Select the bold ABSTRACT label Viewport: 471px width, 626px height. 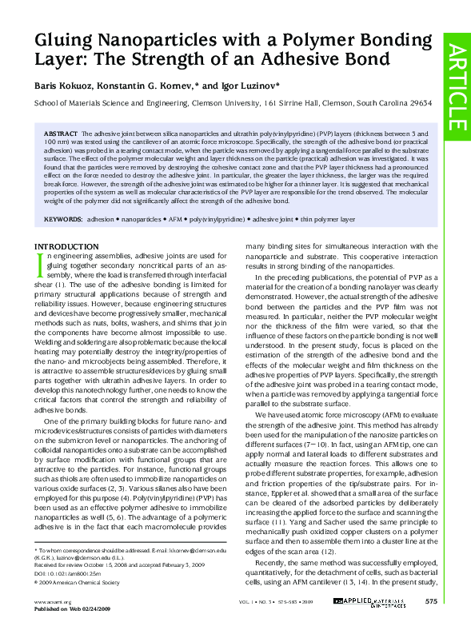[60, 130]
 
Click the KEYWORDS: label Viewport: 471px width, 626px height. [63, 218]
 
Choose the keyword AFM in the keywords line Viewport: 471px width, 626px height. [171, 218]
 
